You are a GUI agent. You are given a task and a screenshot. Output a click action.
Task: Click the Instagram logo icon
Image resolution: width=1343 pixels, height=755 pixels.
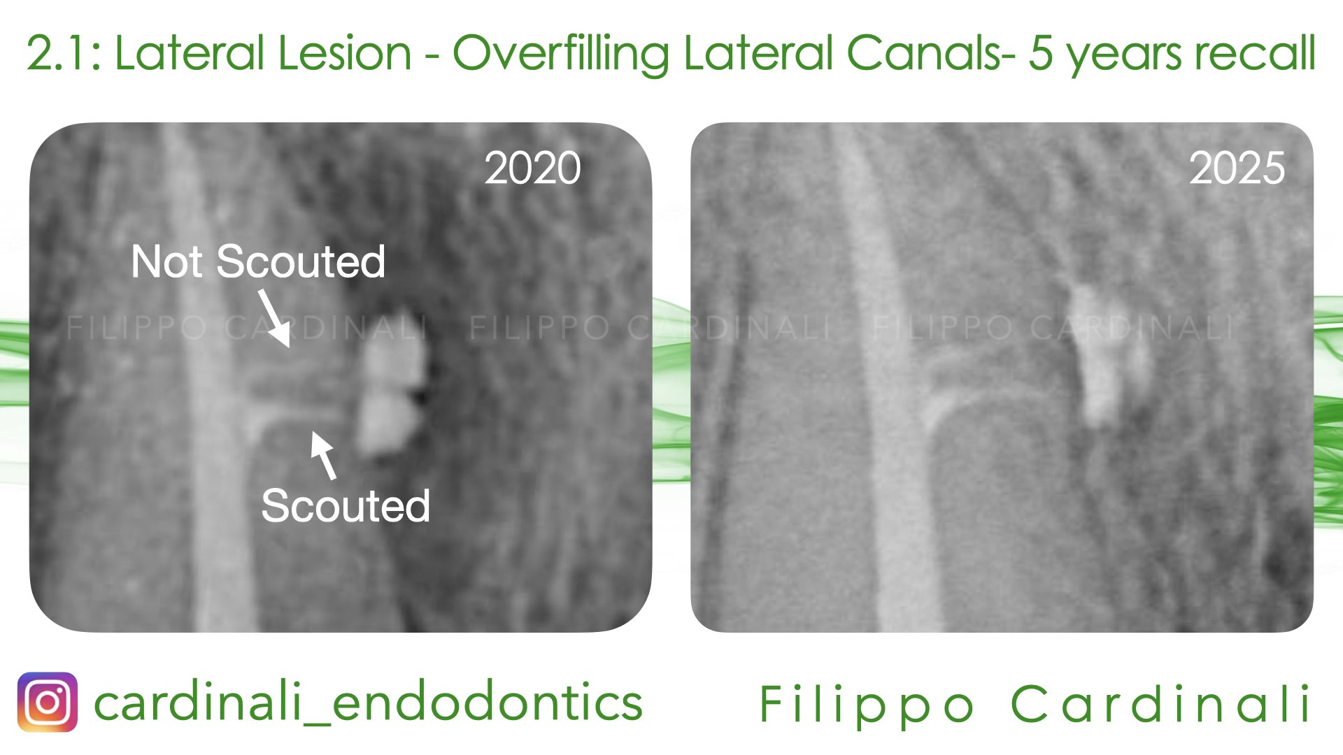[47, 702]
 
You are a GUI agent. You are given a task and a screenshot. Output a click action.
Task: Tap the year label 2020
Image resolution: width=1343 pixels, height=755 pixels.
[532, 168]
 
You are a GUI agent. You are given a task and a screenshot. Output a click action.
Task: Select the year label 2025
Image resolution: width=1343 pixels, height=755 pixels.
[1237, 168]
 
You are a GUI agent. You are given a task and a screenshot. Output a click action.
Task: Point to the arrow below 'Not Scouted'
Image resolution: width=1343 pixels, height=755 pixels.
[274, 319]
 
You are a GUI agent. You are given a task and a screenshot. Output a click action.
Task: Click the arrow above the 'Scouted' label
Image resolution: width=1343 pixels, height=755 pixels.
[323, 454]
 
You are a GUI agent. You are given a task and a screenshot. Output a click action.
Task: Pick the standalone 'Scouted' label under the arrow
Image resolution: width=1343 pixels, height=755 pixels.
[345, 505]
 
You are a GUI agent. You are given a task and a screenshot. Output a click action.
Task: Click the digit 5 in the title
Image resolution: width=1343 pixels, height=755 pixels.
[1040, 54]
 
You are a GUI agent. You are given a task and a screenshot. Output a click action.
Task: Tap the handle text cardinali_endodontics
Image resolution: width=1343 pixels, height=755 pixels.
[368, 703]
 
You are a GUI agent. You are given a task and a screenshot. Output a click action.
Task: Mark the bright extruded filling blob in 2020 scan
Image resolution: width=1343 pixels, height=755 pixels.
[388, 391]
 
